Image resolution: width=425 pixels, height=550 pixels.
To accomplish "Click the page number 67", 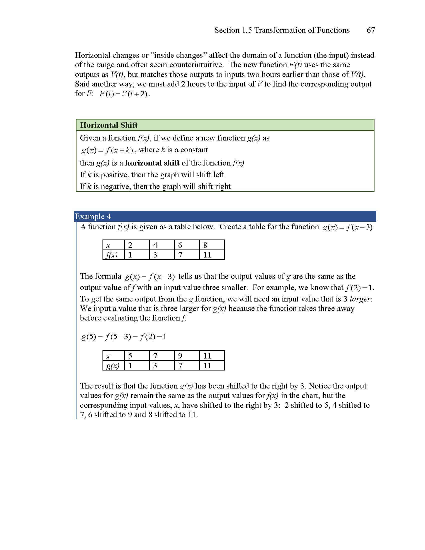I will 370,30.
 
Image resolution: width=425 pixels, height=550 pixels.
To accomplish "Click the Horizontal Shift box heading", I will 109,125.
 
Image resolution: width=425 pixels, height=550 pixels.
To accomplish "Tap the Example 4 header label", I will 93,216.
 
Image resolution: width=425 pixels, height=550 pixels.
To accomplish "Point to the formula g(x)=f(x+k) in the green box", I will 107,150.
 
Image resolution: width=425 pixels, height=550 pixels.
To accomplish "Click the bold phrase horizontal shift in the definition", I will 152,163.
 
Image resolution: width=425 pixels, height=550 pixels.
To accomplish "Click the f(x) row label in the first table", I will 112,255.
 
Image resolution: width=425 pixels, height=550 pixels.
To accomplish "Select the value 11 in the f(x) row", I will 207,255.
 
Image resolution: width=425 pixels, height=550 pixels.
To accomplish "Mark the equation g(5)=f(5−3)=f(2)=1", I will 124,337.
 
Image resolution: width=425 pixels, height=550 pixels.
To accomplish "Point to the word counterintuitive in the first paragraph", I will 196,65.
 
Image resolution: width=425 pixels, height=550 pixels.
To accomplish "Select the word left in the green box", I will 218,175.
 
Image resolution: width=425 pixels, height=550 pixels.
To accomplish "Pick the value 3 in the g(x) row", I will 155,366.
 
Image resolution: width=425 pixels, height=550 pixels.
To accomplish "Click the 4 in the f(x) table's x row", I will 155,245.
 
